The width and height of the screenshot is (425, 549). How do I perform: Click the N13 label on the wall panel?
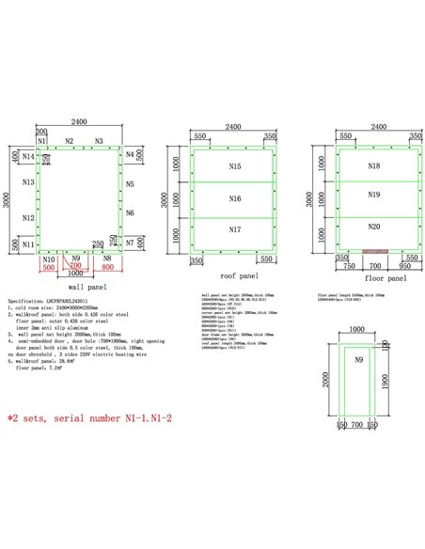tap(28, 182)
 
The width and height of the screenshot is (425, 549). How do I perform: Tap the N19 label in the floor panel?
tap(373, 195)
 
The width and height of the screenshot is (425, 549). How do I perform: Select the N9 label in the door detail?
tap(357, 360)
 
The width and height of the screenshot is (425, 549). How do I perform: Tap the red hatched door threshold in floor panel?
tap(375, 253)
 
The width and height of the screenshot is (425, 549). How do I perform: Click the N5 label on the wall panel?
tap(130, 184)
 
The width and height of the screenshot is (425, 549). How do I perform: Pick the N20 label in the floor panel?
tap(373, 227)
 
